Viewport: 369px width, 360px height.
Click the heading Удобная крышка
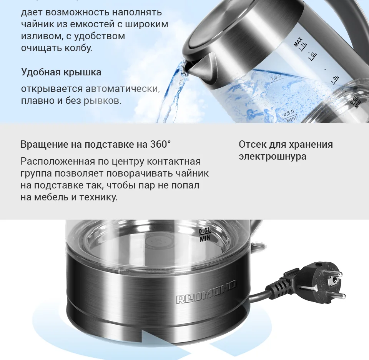coord(61,72)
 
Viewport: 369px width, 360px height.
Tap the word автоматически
coord(123,89)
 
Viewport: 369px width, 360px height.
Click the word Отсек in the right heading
coord(252,145)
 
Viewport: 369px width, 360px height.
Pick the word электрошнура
coord(272,157)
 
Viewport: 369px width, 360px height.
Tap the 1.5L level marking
coord(312,56)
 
